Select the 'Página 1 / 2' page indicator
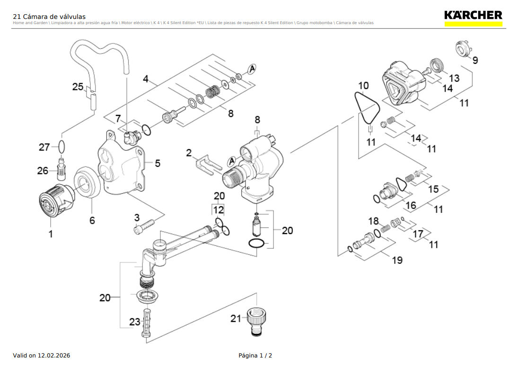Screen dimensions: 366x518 (x=255, y=355)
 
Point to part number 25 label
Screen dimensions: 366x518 (x=78, y=87)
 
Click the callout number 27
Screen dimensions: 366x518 (x=44, y=148)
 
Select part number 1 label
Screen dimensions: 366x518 (x=51, y=234)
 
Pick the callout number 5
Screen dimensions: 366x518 (x=158, y=163)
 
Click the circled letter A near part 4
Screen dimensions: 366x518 (x=252, y=69)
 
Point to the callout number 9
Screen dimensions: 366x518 (x=475, y=60)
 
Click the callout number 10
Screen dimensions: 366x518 (x=363, y=86)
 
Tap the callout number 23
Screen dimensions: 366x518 (x=135, y=322)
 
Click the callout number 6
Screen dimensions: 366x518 (x=92, y=220)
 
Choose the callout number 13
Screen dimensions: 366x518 (x=454, y=78)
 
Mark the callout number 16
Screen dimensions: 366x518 (x=411, y=205)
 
